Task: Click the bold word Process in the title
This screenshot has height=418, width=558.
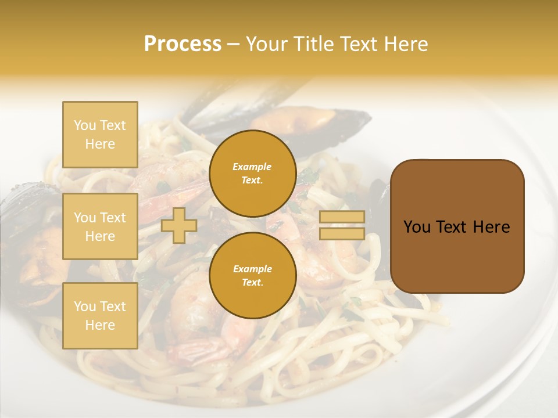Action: [183, 44]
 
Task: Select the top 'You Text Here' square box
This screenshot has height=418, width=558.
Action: [100, 135]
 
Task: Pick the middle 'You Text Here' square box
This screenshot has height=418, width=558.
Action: [100, 226]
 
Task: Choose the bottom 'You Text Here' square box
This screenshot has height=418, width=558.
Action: [100, 316]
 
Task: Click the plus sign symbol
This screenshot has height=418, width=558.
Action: [179, 225]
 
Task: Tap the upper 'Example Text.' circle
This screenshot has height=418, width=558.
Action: [253, 174]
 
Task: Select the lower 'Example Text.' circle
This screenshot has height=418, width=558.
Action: [253, 276]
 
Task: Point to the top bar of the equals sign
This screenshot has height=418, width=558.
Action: [342, 217]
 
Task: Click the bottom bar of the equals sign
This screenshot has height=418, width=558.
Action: [342, 233]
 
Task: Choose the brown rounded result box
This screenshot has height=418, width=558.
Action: [457, 226]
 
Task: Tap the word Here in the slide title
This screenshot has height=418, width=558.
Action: [404, 44]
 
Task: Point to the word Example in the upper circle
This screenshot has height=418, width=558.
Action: [252, 167]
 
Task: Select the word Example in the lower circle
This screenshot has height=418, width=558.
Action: [252, 269]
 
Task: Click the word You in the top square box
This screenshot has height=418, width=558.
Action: [85, 125]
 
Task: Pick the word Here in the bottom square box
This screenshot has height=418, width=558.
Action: [100, 325]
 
